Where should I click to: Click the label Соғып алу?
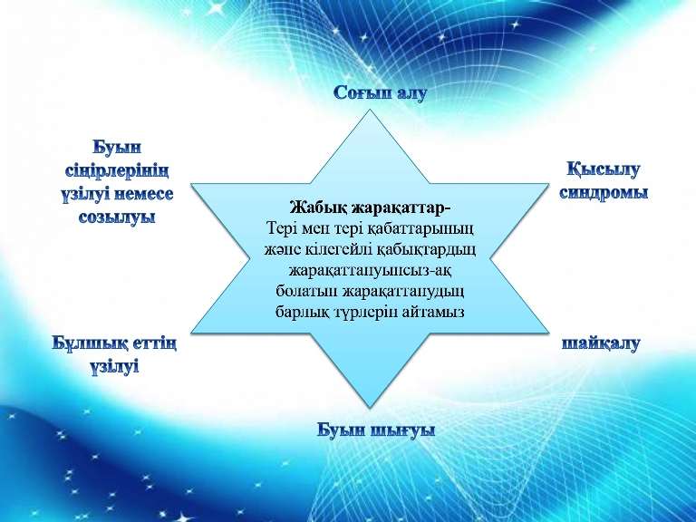(381, 92)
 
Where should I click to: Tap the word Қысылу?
(604, 170)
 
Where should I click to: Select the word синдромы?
(604, 193)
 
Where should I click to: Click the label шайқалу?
(601, 343)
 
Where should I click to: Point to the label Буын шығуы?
(376, 430)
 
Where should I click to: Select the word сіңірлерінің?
(117, 171)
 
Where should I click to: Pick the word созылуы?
(117, 217)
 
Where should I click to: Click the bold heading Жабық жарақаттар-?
(370, 208)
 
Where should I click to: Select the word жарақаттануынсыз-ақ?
(371, 270)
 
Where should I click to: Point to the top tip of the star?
(370, 109)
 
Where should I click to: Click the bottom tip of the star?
(370, 408)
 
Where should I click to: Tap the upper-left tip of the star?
(191, 184)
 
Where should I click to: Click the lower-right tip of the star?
(549, 333)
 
